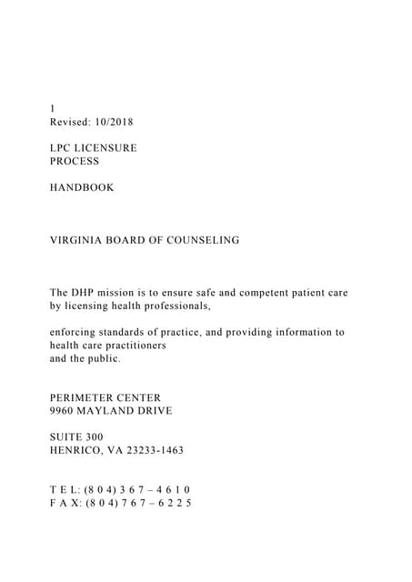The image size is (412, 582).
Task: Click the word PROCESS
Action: click(75, 161)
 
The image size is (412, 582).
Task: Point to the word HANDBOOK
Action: click(82, 187)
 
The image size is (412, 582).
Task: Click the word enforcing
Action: click(76, 332)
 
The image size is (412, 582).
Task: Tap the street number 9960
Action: click(64, 411)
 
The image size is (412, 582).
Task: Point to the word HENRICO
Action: click(78, 450)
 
